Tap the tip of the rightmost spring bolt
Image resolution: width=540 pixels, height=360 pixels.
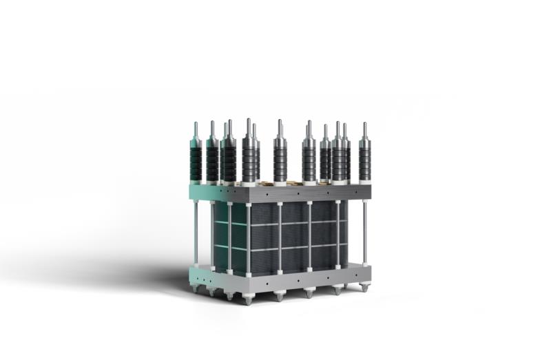click(x=364, y=125)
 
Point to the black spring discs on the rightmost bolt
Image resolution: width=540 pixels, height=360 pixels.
click(x=364, y=162)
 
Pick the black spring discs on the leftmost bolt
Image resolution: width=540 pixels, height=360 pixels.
click(x=196, y=162)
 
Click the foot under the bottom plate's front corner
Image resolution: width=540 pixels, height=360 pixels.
click(x=248, y=301)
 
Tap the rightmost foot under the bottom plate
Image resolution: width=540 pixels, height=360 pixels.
click(x=364, y=288)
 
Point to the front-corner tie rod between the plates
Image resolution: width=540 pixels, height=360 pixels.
click(x=248, y=237)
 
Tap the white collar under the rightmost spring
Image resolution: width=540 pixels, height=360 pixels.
click(x=364, y=182)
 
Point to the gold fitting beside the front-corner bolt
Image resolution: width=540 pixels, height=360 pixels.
click(x=265, y=183)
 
